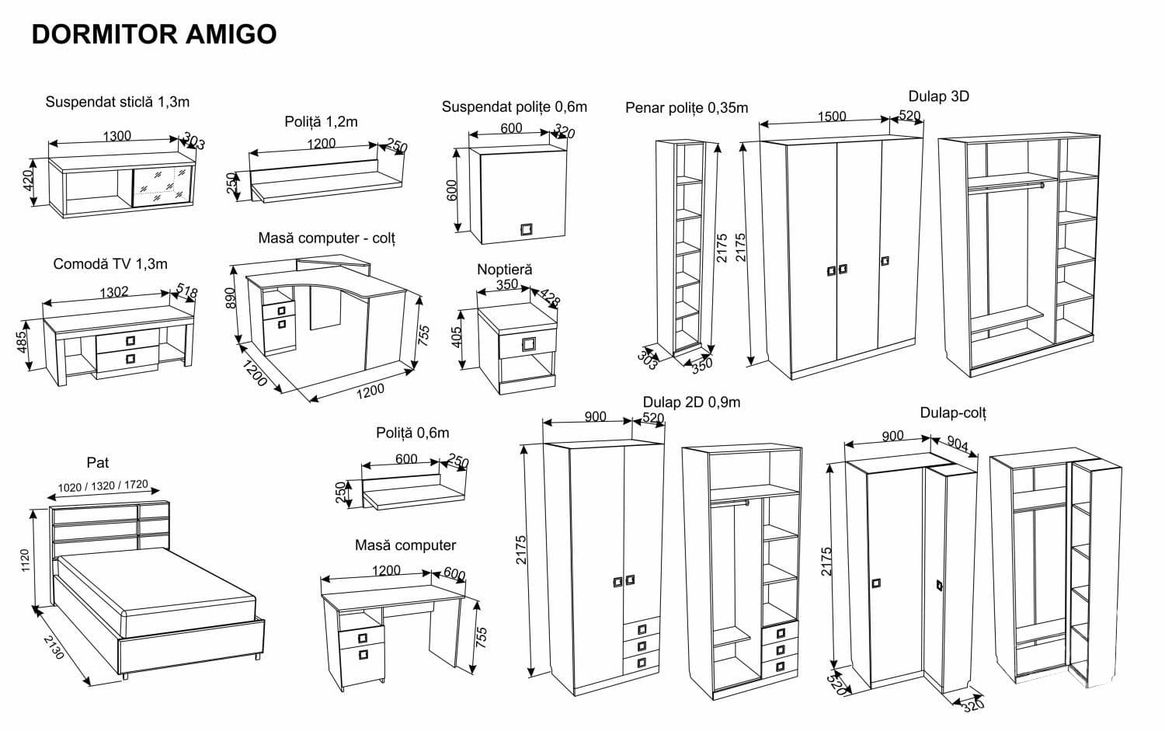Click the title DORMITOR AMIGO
tap(154, 34)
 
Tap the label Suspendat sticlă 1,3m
tap(117, 102)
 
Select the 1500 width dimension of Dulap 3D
tap(831, 117)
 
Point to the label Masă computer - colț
tap(327, 238)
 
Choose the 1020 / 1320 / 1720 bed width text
tap(103, 486)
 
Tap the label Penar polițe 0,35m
tap(687, 108)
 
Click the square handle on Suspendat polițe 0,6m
tap(527, 228)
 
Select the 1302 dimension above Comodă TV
tap(114, 292)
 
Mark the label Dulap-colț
tap(953, 412)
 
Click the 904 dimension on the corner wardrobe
tap(958, 444)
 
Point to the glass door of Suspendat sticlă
tap(163, 186)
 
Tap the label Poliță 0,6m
tap(412, 433)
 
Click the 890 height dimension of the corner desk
tap(230, 297)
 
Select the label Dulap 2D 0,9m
tap(691, 402)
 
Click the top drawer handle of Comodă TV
tap(130, 339)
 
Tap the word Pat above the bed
tap(98, 462)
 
